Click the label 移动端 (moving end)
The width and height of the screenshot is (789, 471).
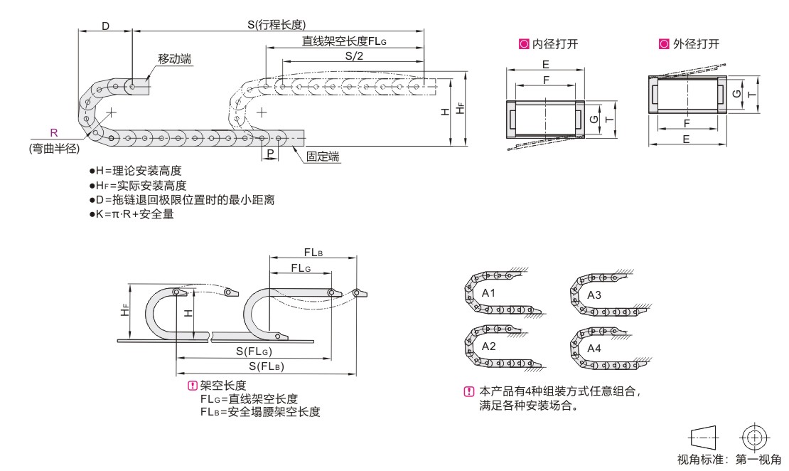[175, 58]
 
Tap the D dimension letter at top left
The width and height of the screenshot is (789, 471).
[105, 26]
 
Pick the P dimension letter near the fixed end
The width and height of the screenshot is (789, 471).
[271, 153]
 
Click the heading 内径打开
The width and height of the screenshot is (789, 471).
[554, 44]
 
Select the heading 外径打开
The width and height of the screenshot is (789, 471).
[695, 44]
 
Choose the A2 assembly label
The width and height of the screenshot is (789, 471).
[488, 346]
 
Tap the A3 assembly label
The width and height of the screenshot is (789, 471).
[594, 294]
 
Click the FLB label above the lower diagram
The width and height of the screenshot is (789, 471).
[313, 253]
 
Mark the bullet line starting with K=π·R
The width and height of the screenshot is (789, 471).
[132, 215]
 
